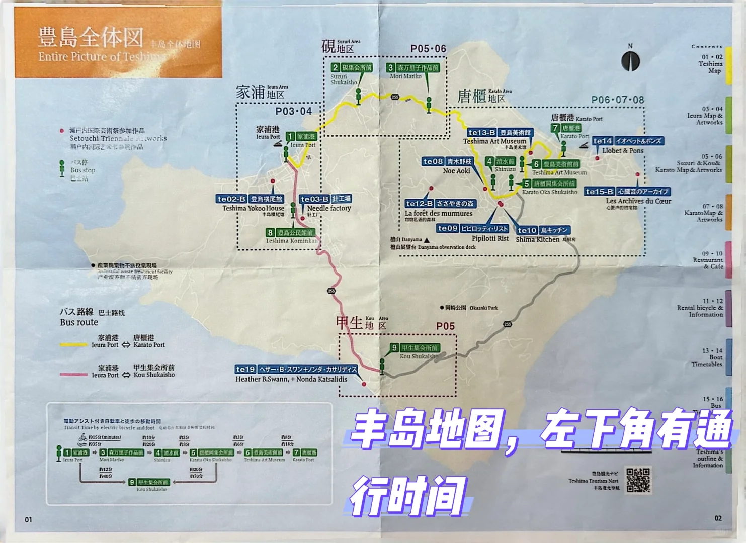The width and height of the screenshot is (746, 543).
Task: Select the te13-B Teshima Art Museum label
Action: (x=499, y=133)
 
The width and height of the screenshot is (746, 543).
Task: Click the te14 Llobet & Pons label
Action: (x=628, y=141)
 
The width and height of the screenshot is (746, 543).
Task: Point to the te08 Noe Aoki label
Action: (x=448, y=162)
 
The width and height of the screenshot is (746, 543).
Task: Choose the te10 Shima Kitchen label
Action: (x=543, y=230)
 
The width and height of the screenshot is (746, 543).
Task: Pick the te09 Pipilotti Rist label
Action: (x=472, y=229)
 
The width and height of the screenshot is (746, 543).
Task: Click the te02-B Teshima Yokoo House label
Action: (x=250, y=199)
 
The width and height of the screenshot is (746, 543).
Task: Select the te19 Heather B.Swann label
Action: (x=296, y=369)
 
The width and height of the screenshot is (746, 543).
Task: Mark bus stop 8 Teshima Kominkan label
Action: (x=291, y=233)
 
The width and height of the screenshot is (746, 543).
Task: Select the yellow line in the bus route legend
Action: (x=73, y=345)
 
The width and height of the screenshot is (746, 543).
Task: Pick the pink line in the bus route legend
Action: (x=73, y=375)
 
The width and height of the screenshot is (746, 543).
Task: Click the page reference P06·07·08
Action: (x=617, y=100)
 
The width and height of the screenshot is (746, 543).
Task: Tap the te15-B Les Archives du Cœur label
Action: (x=627, y=192)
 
